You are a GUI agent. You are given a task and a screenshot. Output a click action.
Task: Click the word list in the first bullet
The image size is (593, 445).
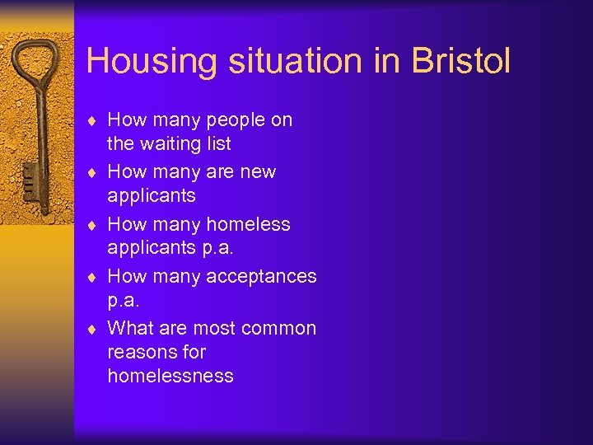tap(217, 144)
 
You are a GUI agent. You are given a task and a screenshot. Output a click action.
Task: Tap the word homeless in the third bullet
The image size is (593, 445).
tap(248, 224)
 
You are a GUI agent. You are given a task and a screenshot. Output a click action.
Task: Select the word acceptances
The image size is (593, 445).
tap(261, 276)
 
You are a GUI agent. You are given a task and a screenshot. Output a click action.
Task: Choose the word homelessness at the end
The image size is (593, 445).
tap(170, 376)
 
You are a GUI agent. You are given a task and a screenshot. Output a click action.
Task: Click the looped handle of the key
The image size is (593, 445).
tap(38, 66)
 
